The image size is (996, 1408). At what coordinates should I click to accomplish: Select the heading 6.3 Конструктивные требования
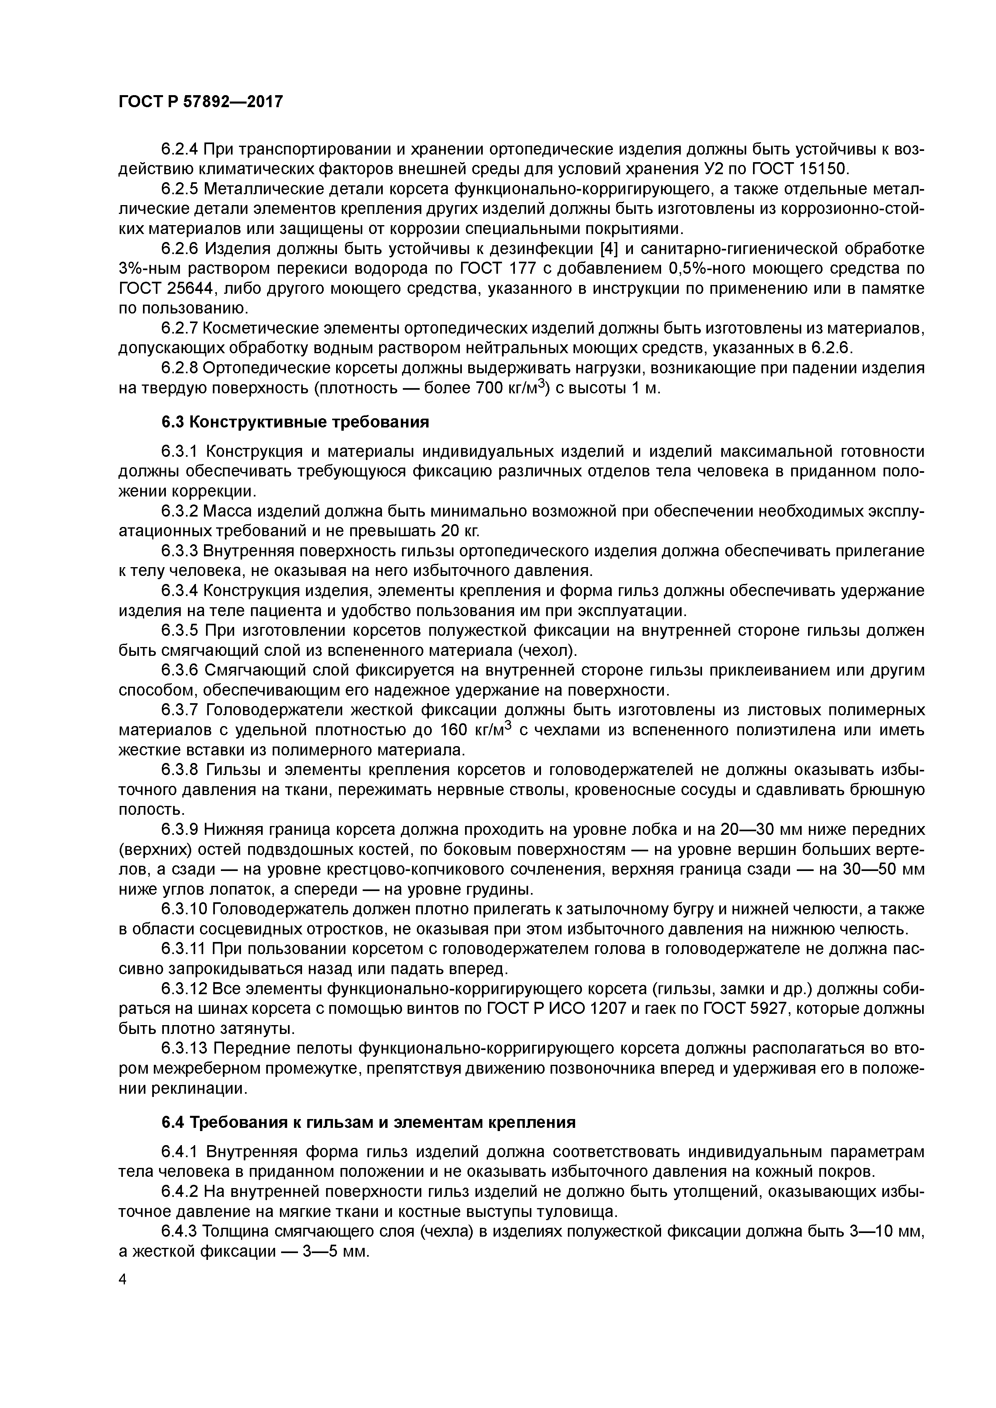click(295, 423)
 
